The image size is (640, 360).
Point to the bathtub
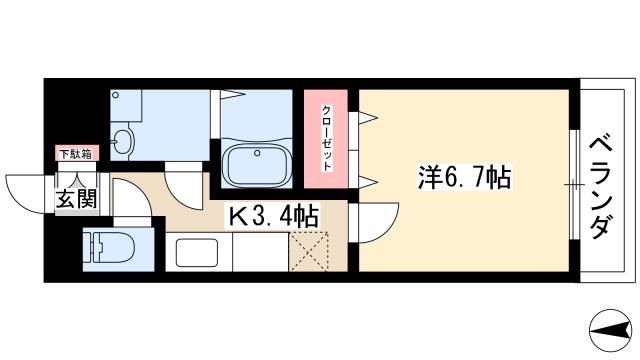(x=257, y=162)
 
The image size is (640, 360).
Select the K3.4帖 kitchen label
(x=276, y=214)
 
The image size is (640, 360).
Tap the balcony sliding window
(x=573, y=185)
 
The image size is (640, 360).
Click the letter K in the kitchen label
(x=241, y=214)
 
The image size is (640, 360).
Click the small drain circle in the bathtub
(x=258, y=153)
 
